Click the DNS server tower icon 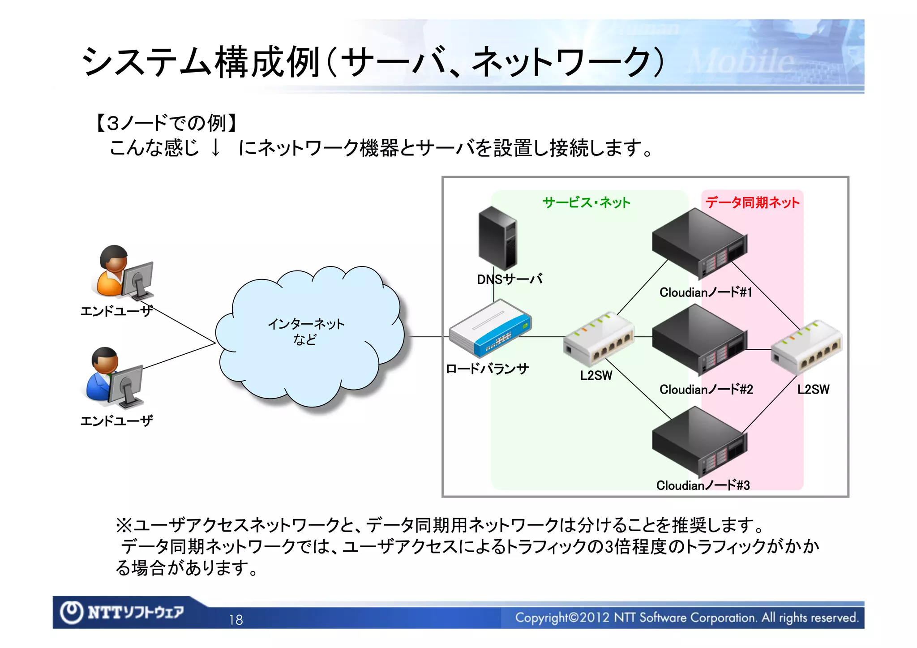pyautogui.click(x=497, y=238)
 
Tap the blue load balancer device pyautogui.click(x=490, y=329)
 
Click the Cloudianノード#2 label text pyautogui.click(x=706, y=390)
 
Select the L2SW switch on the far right pyautogui.click(x=806, y=347)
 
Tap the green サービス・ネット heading pyautogui.click(x=586, y=202)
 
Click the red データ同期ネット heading pyautogui.click(x=752, y=202)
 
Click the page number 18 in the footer pyautogui.click(x=236, y=620)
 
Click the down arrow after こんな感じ pyautogui.click(x=215, y=147)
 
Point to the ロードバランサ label pyautogui.click(x=487, y=369)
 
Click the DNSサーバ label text pyautogui.click(x=510, y=279)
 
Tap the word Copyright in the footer pyautogui.click(x=541, y=618)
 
